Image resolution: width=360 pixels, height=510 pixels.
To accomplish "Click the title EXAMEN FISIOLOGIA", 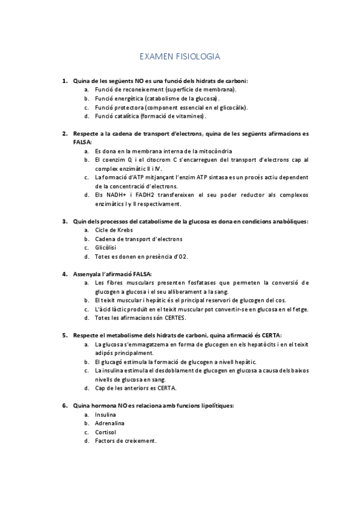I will pos(180,57).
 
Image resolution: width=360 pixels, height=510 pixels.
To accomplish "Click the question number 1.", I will pos(64,80).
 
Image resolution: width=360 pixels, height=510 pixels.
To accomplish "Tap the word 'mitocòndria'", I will pos(211,151).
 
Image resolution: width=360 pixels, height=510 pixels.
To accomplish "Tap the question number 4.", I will pos(64,274).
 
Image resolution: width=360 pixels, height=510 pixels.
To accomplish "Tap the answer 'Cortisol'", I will pos(106,432).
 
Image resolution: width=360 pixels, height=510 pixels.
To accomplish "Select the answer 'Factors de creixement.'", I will pos(126,441).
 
